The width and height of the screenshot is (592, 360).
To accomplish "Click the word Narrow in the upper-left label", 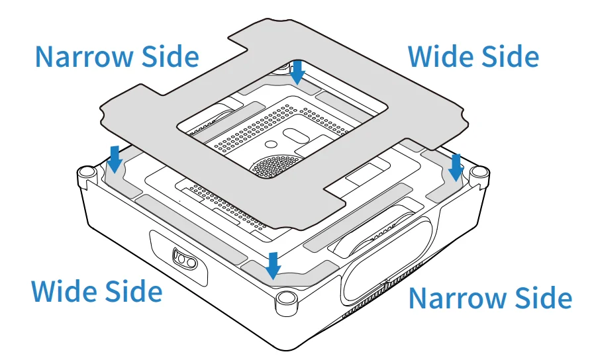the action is (85, 56).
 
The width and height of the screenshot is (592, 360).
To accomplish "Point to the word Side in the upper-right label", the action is (511, 56).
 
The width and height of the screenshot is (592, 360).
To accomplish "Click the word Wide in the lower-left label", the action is (64, 291).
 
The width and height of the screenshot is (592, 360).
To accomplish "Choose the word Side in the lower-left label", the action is (134, 291).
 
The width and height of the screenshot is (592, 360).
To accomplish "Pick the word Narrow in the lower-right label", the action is (458, 298).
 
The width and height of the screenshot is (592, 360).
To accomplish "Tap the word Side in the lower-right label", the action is (544, 298).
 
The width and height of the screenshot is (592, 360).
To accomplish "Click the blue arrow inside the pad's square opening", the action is (297, 72).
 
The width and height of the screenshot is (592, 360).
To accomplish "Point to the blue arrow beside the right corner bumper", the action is (456, 167).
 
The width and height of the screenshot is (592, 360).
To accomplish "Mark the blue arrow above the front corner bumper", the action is (273, 266).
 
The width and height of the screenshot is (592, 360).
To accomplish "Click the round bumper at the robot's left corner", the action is (87, 173).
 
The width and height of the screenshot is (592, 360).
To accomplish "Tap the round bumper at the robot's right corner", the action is (479, 173).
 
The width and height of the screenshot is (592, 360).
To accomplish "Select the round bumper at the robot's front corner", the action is (286, 300).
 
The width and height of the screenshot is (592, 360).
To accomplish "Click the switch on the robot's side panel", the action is (185, 259).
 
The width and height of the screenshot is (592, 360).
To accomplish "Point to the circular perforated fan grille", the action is (275, 166).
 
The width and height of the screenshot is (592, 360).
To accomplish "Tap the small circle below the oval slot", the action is (271, 144).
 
